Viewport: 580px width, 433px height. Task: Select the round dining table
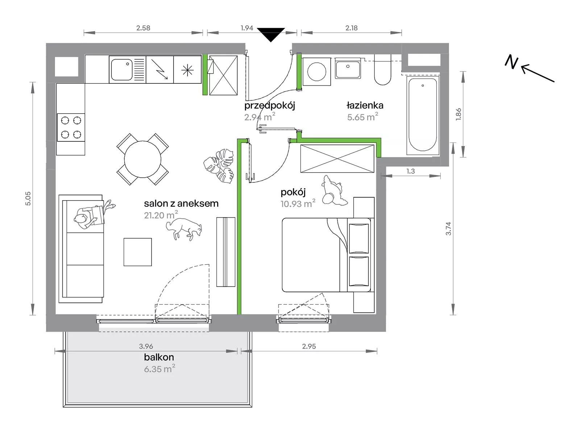tap(143, 159)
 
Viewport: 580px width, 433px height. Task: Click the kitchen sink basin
tap(122, 70)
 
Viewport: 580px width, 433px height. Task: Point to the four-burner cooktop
tap(71, 127)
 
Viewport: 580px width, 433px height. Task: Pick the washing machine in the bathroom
tap(317, 72)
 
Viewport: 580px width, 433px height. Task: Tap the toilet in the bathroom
tap(382, 70)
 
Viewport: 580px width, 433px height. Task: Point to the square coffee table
tap(138, 252)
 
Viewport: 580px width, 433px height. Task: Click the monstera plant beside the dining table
tap(219, 166)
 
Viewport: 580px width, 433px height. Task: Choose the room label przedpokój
tap(270, 106)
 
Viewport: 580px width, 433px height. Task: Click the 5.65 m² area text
tap(362, 116)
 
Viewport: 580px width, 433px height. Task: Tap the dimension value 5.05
tap(28, 198)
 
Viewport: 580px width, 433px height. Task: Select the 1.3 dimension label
tap(411, 171)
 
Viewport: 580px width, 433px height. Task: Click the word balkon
tap(159, 357)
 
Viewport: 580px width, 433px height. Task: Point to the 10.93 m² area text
tap(298, 203)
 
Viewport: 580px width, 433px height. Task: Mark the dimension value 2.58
tap(143, 28)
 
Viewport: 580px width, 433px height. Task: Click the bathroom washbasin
tap(348, 69)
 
